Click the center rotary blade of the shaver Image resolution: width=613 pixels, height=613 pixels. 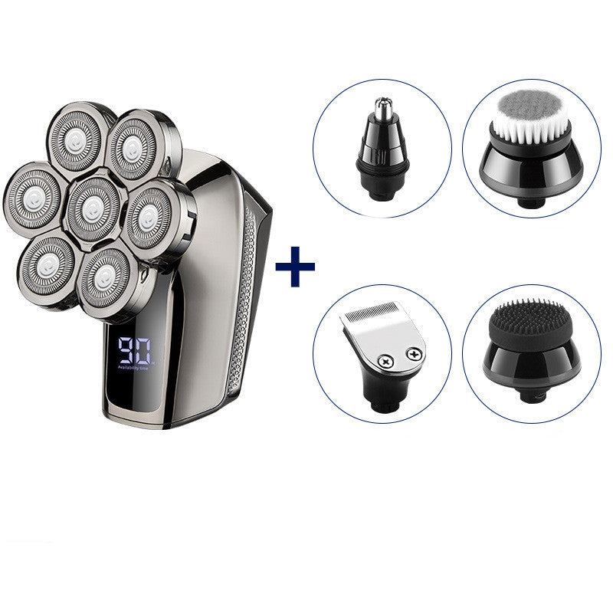(x=91, y=205)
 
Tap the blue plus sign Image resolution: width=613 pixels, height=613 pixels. (x=295, y=270)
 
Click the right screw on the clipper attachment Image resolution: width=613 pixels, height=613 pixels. (x=415, y=354)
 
